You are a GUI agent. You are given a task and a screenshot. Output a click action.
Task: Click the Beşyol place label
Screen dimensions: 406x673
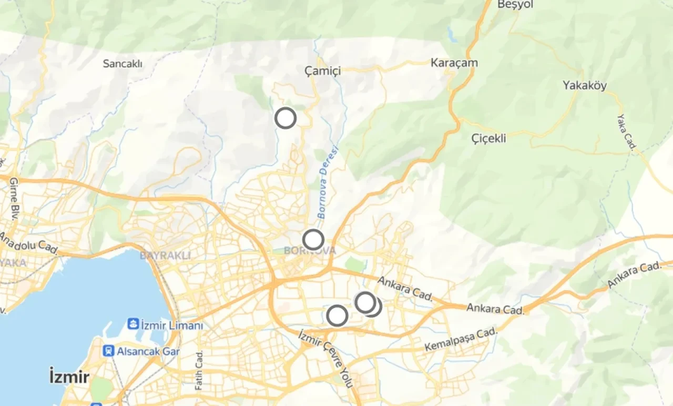coord(516,5)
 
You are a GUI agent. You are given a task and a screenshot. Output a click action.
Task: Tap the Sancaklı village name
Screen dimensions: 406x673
coord(123,64)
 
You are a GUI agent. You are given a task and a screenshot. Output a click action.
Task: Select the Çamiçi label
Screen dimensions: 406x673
coord(323,70)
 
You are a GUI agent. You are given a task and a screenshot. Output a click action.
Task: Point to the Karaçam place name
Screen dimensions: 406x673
coord(454,63)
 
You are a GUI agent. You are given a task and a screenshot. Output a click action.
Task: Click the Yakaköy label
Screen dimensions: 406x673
coord(585,85)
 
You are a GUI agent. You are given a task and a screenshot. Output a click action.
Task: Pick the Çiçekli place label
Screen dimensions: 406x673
coord(488,138)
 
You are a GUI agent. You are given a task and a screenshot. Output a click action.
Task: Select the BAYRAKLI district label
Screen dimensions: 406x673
coord(165,256)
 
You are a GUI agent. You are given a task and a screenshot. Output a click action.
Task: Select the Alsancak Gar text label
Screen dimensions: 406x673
coord(148,351)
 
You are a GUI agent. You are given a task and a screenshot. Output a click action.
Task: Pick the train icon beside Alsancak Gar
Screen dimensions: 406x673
coord(109,351)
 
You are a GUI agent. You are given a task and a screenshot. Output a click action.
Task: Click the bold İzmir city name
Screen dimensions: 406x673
coord(69,377)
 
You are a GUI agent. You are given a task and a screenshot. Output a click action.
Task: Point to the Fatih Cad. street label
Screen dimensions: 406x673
coord(199,370)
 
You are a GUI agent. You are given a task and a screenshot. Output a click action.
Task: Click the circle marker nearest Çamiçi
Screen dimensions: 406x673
coord(285,118)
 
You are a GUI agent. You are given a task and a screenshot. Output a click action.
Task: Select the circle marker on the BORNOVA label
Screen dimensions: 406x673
coord(313,240)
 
